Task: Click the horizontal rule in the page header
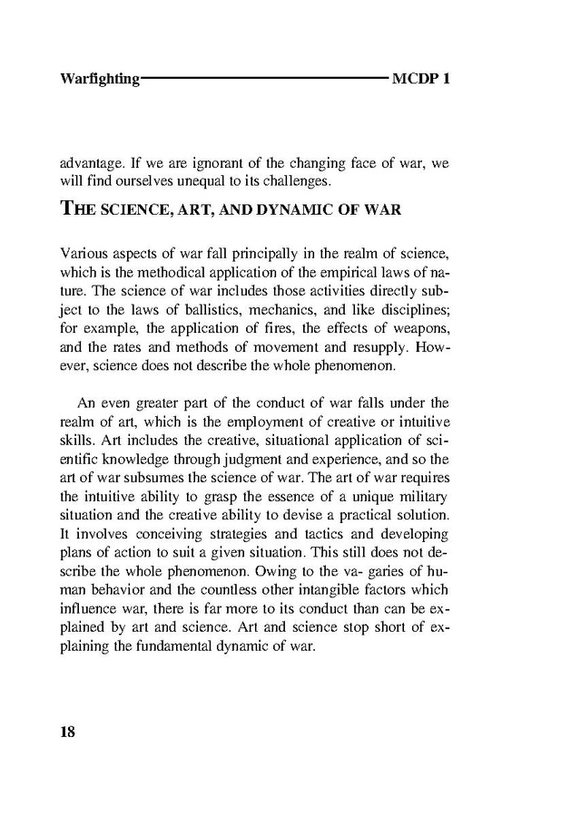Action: (x=264, y=78)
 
